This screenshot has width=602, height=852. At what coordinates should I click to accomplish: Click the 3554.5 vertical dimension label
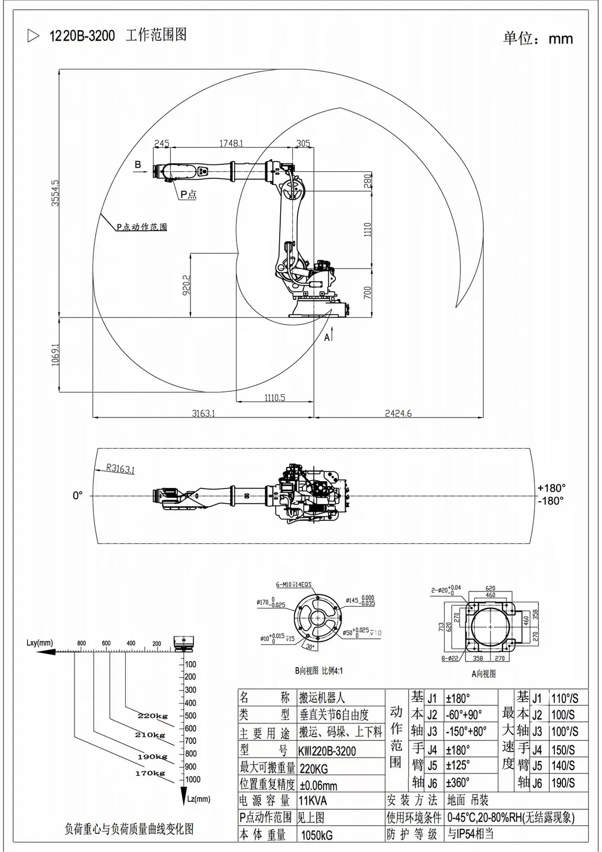55,192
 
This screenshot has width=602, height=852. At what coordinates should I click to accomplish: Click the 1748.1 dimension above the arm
231,143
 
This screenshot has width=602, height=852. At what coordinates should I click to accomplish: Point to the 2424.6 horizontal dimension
398,413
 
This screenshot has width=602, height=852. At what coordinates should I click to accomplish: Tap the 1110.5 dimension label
275,398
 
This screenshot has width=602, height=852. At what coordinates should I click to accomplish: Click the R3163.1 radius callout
120,469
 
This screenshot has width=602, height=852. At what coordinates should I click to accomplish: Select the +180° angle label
551,488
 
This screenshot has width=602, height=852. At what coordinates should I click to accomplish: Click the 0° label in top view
78,495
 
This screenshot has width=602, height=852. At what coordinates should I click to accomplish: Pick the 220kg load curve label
152,715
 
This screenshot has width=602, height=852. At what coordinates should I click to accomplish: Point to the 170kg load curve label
150,773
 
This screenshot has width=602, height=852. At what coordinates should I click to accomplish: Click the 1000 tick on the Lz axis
193,779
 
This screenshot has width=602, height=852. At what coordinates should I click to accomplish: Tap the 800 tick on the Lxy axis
82,643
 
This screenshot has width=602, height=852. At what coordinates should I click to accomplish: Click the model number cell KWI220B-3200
327,751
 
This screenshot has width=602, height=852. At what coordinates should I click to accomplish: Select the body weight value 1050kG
316,835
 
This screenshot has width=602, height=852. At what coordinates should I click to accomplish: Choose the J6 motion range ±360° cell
458,783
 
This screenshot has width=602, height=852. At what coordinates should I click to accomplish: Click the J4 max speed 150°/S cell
563,750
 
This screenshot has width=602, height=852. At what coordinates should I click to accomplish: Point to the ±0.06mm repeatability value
318,785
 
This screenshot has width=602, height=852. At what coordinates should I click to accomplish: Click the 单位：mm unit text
537,39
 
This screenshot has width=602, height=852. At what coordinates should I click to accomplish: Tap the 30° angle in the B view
309,646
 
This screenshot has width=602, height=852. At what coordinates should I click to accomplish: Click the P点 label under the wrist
188,195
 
